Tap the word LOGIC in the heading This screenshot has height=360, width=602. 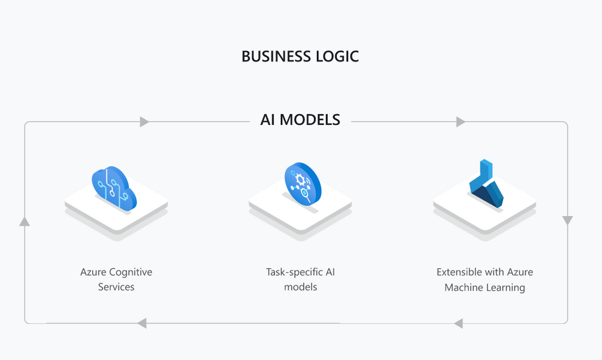pos(337,57)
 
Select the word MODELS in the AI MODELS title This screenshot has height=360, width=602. pos(310,120)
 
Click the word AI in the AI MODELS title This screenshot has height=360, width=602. pos(267,120)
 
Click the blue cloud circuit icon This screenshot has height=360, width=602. pos(114,188)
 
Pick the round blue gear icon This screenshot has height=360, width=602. pos(303,184)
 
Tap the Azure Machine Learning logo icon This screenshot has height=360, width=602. pos(486,184)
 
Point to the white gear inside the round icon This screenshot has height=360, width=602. pos(299,180)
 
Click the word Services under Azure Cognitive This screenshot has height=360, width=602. pos(116,287)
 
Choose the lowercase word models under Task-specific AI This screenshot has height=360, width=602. pos(301,287)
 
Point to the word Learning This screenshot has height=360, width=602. pos(506,288)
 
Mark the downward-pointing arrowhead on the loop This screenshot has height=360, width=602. pos(568,220)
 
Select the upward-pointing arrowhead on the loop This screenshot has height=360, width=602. pos(25,222)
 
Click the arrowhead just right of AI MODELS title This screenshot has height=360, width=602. pos(461,122)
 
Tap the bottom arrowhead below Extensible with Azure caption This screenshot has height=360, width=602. pos(459,323)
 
